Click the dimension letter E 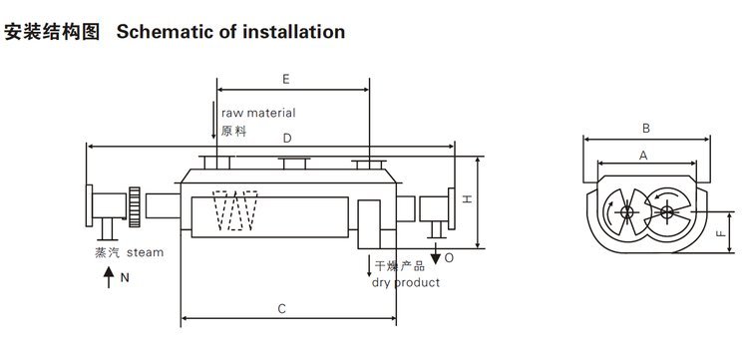[286, 79]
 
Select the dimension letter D [287, 139]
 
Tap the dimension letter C [282, 309]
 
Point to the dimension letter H [468, 198]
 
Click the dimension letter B [646, 129]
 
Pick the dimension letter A [643, 156]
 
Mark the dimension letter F [721, 233]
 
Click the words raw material [258, 113]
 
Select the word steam [145, 252]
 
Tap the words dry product [406, 283]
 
